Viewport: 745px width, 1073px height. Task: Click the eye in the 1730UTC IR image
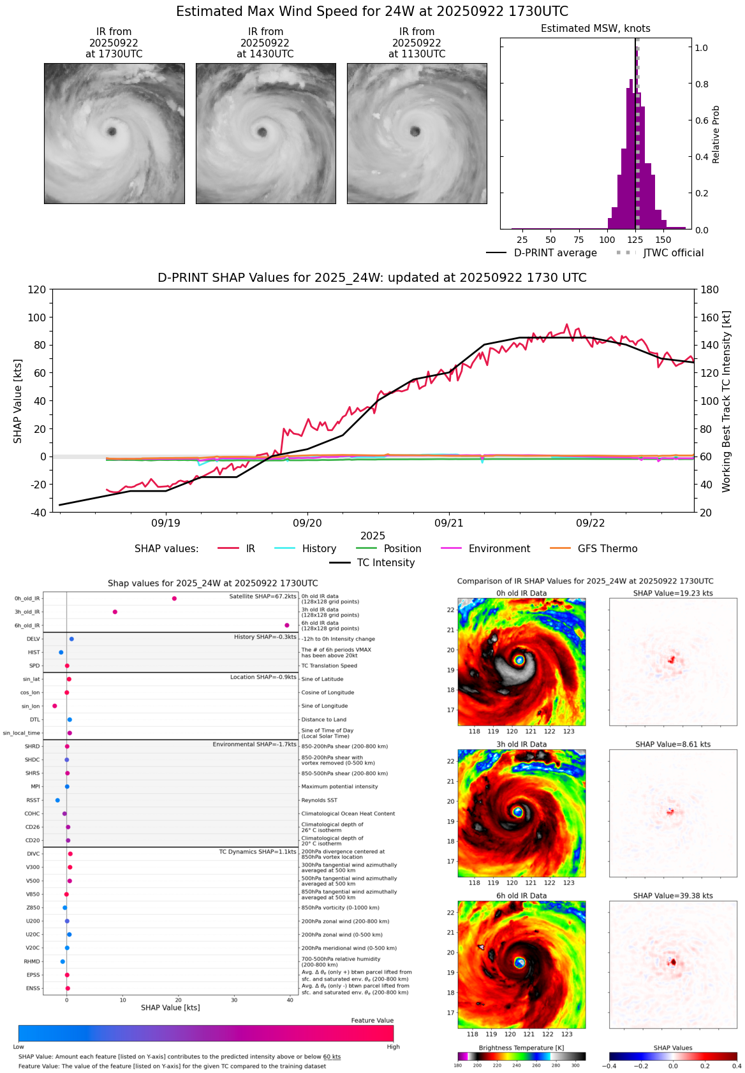(112, 131)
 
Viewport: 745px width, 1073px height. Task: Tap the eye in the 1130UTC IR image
(415, 132)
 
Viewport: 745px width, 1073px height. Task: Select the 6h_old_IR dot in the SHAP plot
(287, 625)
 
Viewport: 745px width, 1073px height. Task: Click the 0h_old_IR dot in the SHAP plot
(174, 598)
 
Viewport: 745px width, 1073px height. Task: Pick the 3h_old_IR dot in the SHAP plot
(115, 612)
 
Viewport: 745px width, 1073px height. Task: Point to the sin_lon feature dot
(55, 706)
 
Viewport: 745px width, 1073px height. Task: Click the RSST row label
(33, 800)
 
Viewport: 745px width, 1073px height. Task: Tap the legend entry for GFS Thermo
(607, 548)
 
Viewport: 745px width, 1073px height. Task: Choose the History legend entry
(319, 548)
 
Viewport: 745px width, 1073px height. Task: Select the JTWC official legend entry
(673, 252)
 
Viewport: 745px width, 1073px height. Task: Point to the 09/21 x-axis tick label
(449, 523)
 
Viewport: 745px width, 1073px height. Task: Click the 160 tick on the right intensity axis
(710, 318)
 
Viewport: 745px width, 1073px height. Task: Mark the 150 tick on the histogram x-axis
(663, 240)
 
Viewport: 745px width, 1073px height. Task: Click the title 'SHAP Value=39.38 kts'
(673, 896)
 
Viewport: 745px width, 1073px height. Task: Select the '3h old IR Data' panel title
(521, 744)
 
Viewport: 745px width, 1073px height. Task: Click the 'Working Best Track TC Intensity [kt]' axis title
(727, 402)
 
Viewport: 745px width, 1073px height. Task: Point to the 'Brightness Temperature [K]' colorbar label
(521, 1047)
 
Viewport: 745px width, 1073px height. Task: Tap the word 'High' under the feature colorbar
(393, 1047)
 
